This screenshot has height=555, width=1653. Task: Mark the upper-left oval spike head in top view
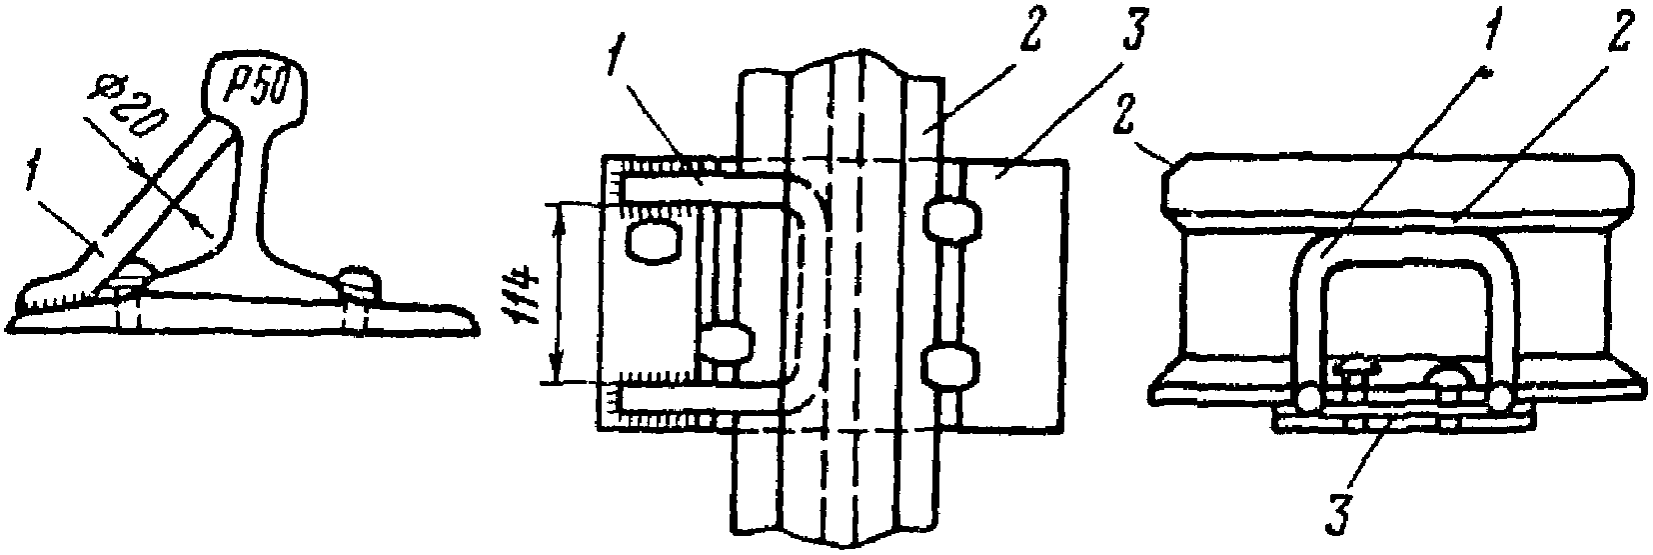[655, 241]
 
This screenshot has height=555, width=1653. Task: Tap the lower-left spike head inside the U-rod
[724, 345]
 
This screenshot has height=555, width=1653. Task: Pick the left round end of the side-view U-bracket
[1308, 399]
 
